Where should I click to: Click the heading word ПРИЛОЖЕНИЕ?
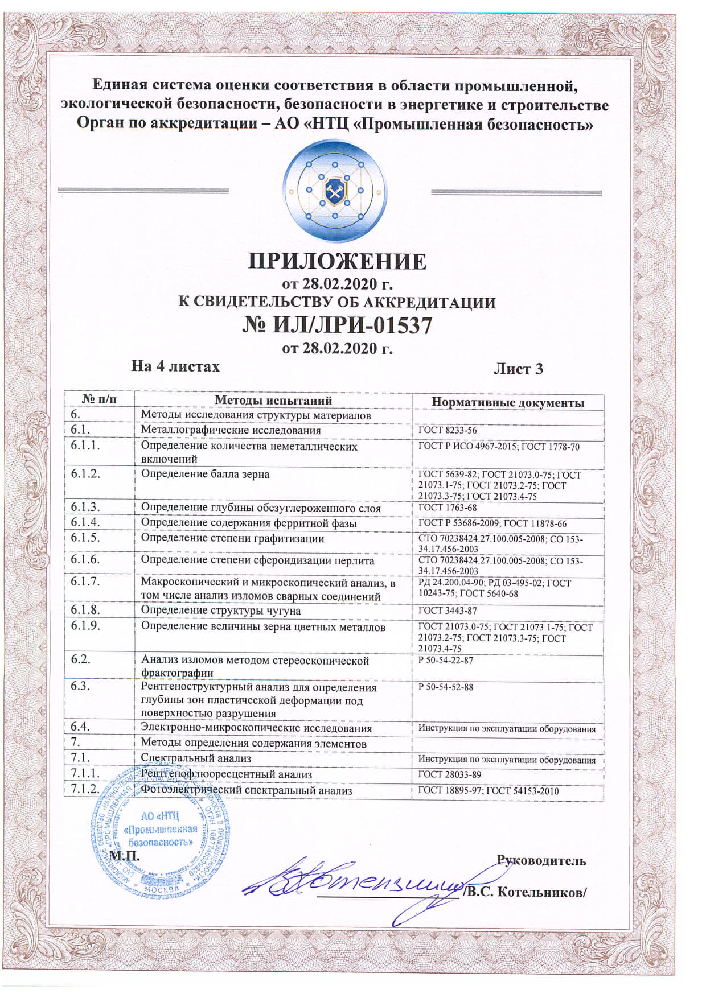(337, 261)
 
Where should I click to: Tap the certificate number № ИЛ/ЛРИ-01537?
(337, 325)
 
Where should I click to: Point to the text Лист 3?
(518, 369)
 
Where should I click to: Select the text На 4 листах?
(175, 366)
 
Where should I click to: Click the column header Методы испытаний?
(273, 401)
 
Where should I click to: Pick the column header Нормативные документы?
(507, 403)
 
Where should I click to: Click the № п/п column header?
(100, 400)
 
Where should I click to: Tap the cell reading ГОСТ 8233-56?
(448, 431)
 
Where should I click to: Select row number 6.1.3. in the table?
(85, 507)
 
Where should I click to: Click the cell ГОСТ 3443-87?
(448, 611)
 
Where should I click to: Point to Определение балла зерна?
(205, 474)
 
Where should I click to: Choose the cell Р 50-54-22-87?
(446, 661)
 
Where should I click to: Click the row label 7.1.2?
(85, 789)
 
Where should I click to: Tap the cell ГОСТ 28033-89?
(450, 774)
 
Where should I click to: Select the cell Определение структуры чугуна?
(221, 611)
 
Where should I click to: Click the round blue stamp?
(161, 835)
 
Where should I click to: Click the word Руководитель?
(541, 860)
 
